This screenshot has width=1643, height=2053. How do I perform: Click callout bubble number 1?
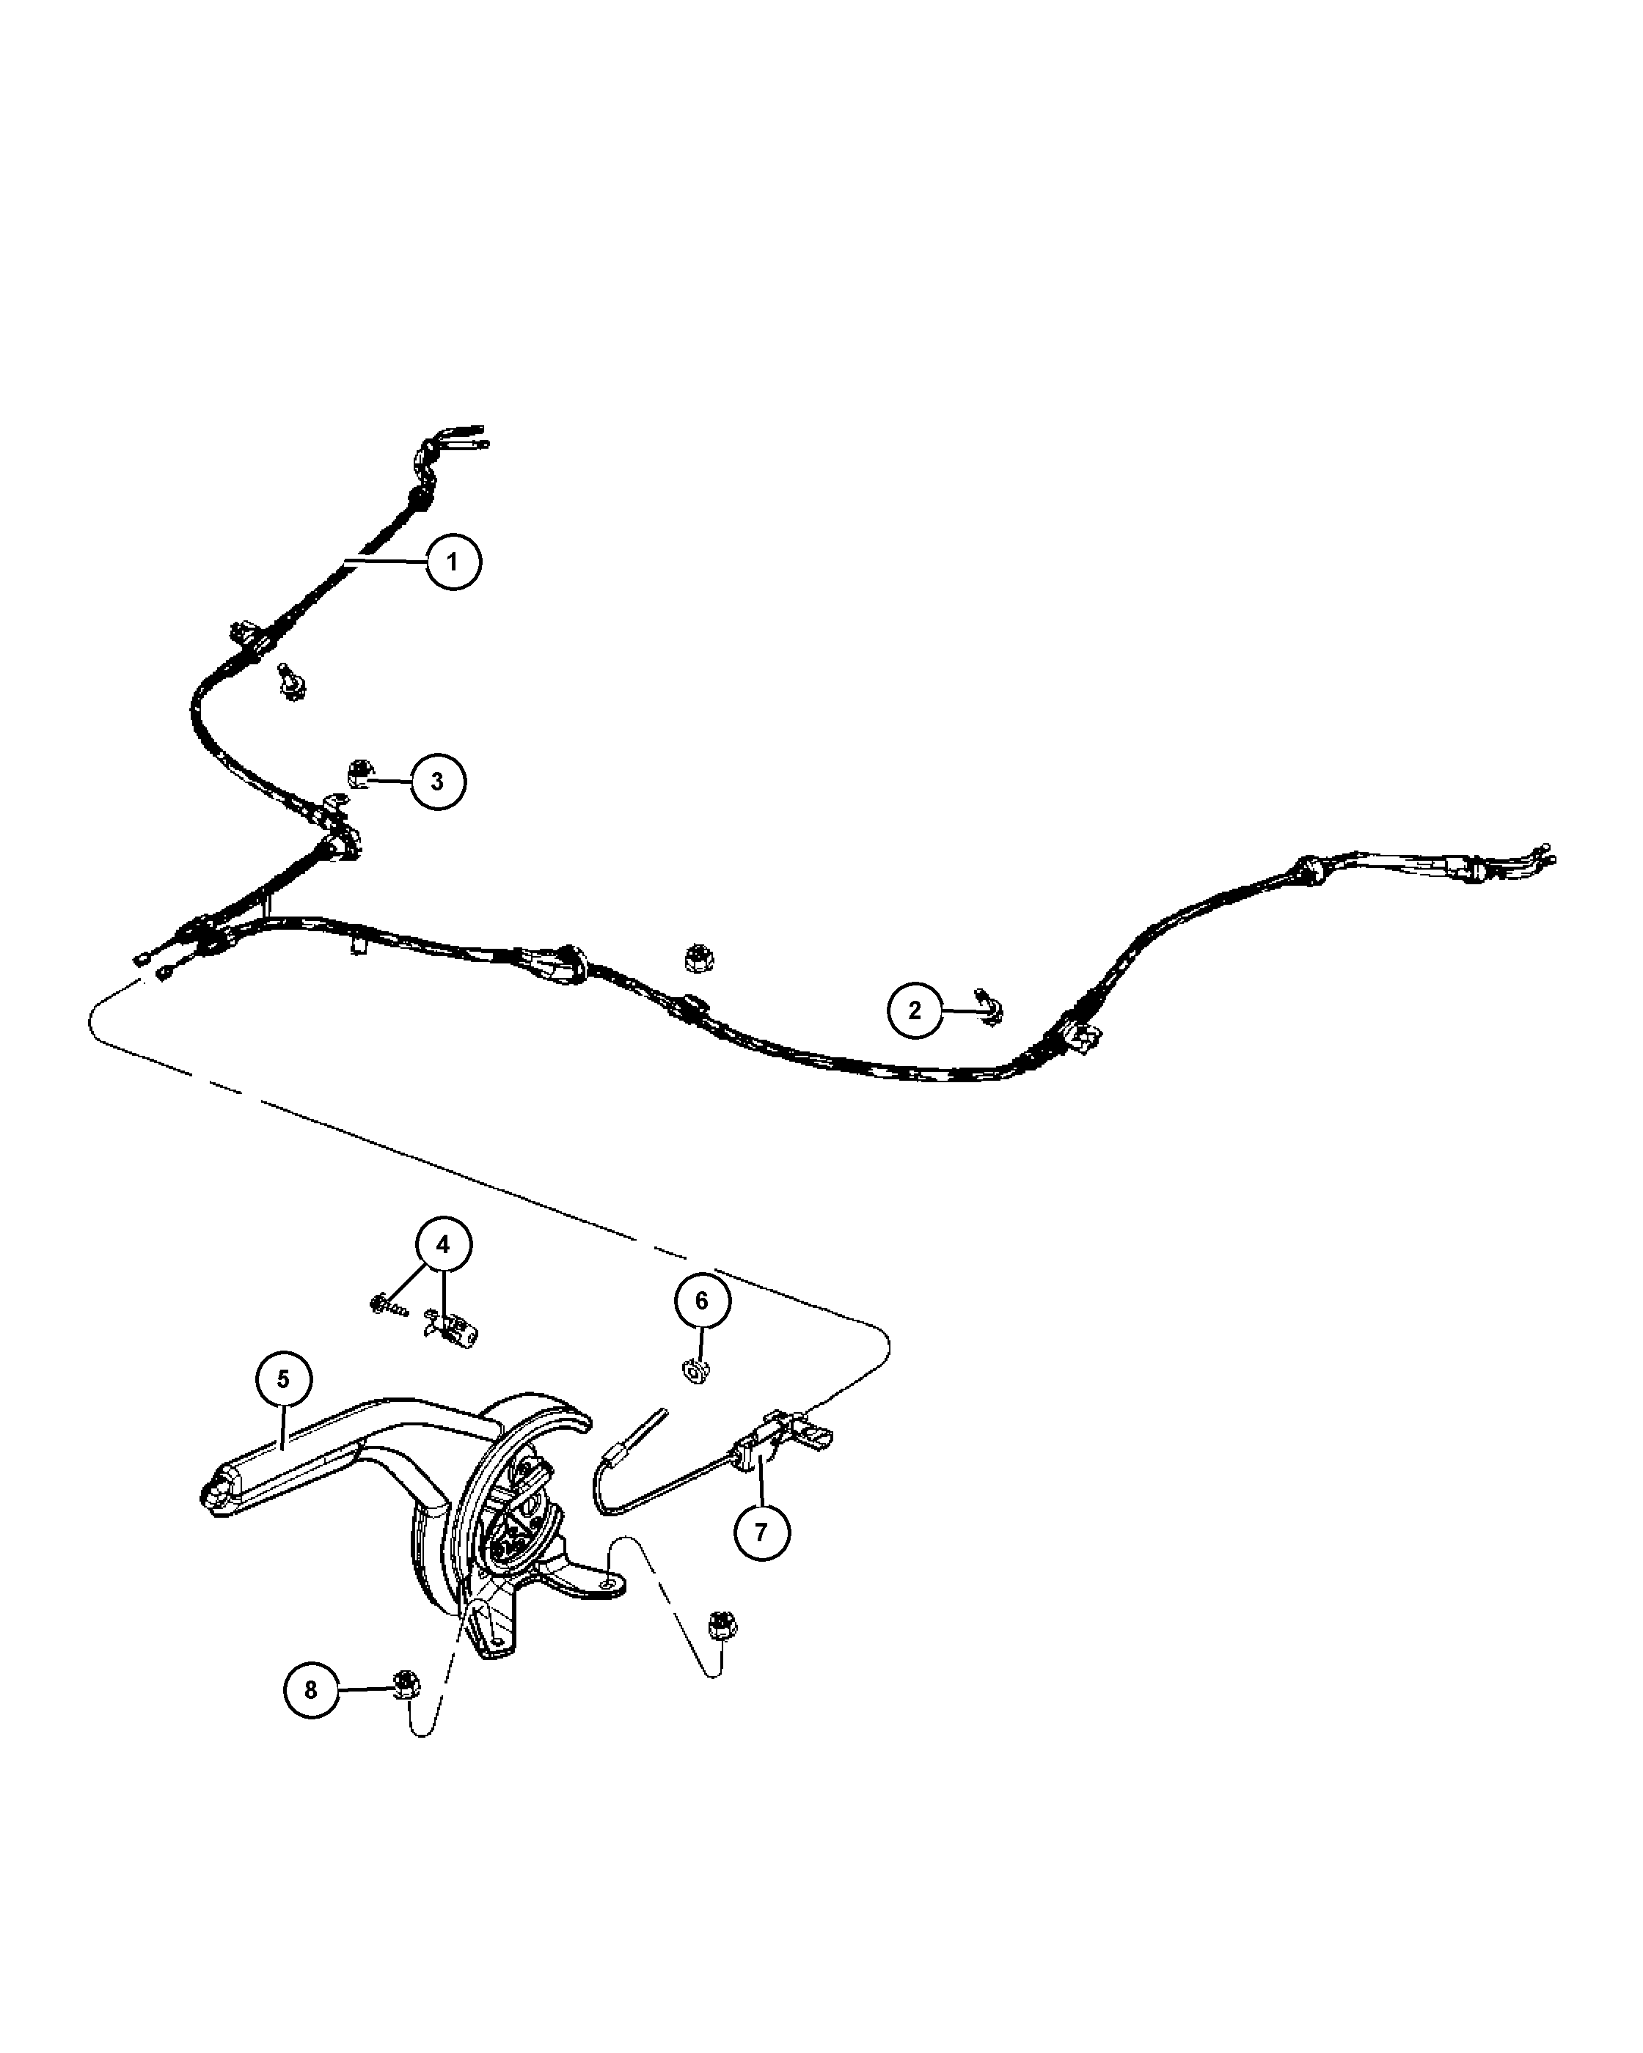tap(453, 562)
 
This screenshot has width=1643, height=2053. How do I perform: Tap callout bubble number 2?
tap(915, 1010)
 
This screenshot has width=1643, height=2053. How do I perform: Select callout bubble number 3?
tap(438, 782)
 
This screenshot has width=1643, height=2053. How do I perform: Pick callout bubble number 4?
tap(443, 1244)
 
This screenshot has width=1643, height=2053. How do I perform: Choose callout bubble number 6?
tap(703, 1301)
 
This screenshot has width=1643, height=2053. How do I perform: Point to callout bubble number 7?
tap(761, 1532)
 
